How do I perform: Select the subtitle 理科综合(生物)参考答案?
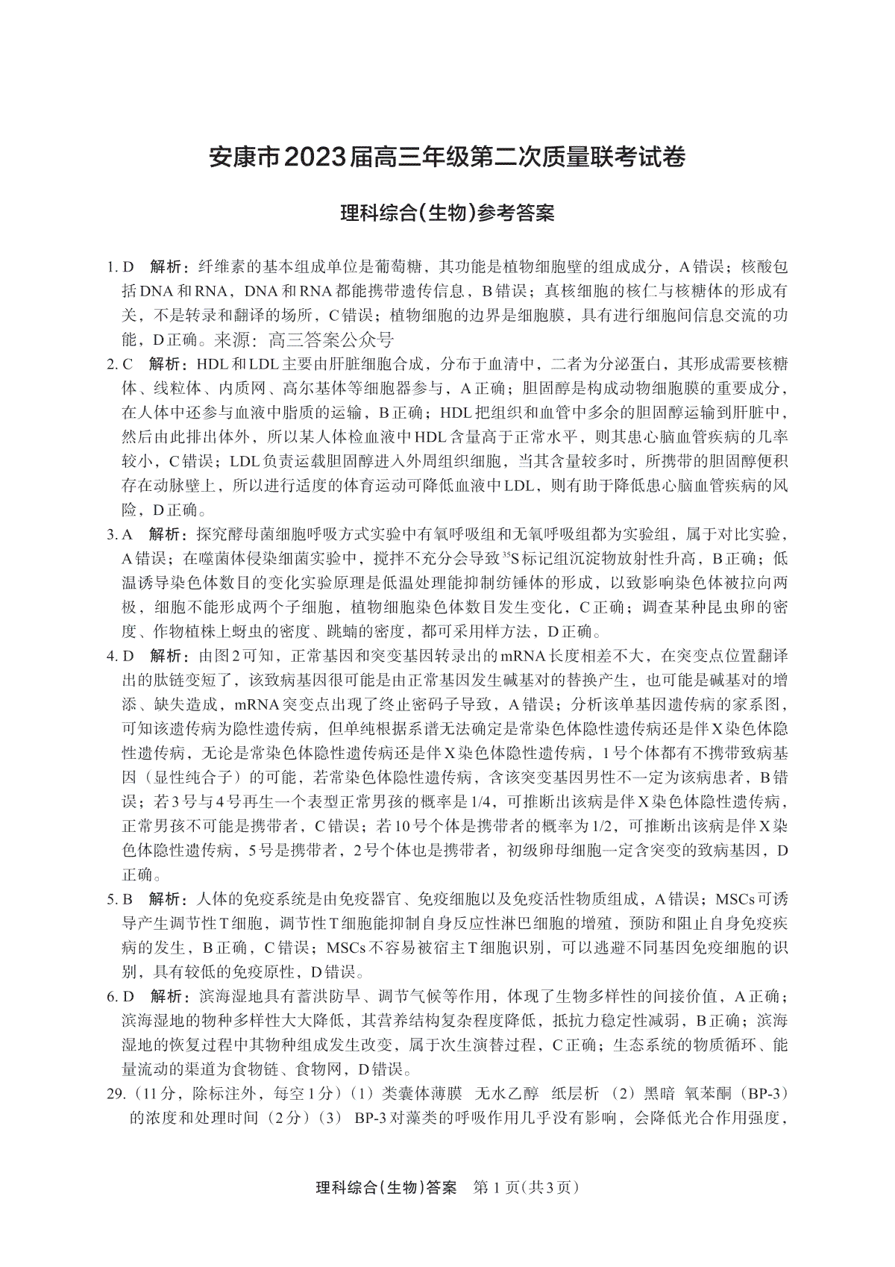coord(447,213)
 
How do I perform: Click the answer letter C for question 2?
coord(128,364)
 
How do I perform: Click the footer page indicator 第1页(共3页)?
coord(527,1187)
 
